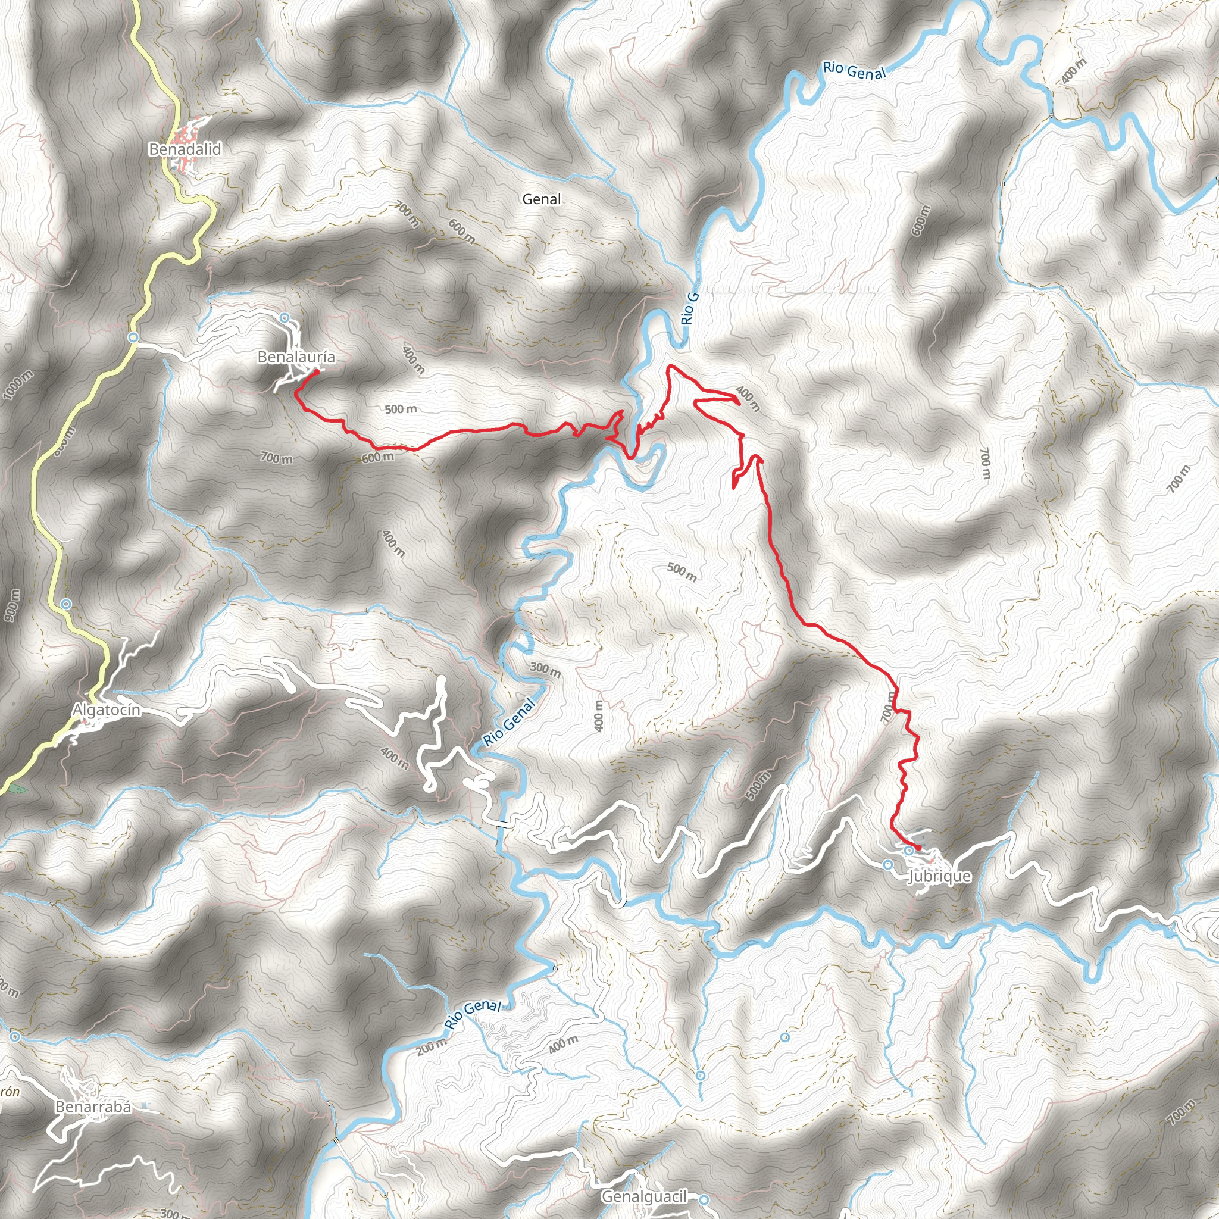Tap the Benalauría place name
[296, 358]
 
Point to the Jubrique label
[939, 876]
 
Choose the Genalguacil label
[643, 1196]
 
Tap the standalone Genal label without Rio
[542, 199]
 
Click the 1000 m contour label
[17, 385]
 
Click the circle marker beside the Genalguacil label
[704, 1198]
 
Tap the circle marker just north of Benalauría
[285, 317]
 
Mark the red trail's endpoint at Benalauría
[315, 371]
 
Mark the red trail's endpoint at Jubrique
[918, 848]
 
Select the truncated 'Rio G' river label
[690, 309]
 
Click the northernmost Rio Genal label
[854, 71]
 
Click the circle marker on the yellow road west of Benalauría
[133, 337]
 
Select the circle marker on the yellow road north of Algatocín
[66, 604]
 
